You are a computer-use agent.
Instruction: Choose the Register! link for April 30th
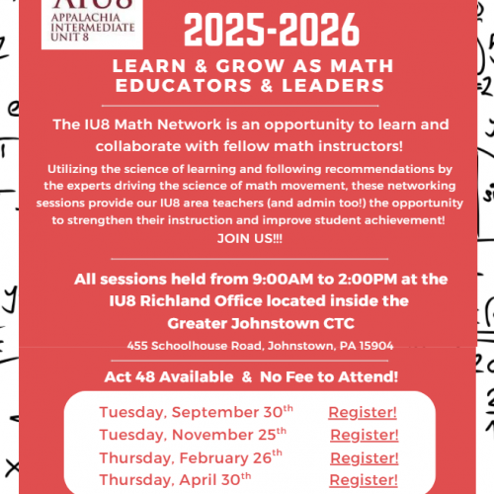point(365,479)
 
